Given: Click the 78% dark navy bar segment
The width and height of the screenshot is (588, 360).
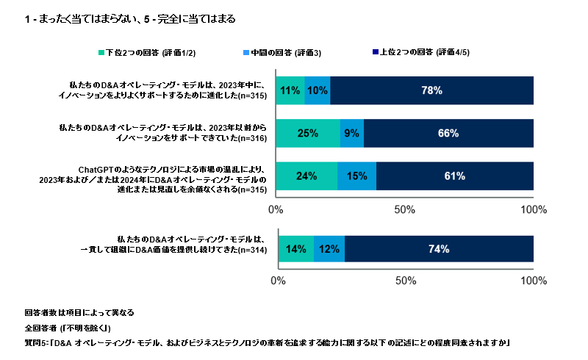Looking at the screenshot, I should pyautogui.click(x=431, y=90).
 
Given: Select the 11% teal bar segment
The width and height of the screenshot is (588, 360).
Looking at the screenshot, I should pyautogui.click(x=290, y=90).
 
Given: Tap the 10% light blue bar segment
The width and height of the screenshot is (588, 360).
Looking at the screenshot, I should pyautogui.click(x=317, y=90).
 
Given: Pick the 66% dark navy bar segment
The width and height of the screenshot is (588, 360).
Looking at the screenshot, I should pyautogui.click(x=448, y=133).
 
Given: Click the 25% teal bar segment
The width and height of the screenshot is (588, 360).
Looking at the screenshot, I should pyautogui.click(x=308, y=133).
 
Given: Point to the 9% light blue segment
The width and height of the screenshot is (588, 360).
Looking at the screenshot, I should pyautogui.click(x=351, y=133).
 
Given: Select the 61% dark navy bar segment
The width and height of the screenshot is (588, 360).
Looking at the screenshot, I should pyautogui.click(x=454, y=176).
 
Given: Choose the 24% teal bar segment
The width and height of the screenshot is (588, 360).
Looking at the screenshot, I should pyautogui.click(x=306, y=176).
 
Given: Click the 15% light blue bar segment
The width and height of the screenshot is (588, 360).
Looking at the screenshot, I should pyautogui.click(x=356, y=176).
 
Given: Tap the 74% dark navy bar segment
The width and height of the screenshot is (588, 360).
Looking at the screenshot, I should pyautogui.click(x=439, y=249).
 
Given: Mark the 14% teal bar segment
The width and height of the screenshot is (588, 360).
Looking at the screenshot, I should pyautogui.click(x=295, y=249).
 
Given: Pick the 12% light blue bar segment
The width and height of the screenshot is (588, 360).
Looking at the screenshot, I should pyautogui.click(x=329, y=249).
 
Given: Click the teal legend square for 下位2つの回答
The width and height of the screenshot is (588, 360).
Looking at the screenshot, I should pyautogui.click(x=101, y=53).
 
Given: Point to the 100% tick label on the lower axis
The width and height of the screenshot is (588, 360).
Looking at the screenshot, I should pyautogui.click(x=532, y=281).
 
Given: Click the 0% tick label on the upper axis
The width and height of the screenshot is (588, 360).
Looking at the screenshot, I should pyautogui.click(x=276, y=209).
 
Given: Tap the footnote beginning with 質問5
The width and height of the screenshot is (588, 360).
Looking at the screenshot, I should pyautogui.click(x=268, y=343).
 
